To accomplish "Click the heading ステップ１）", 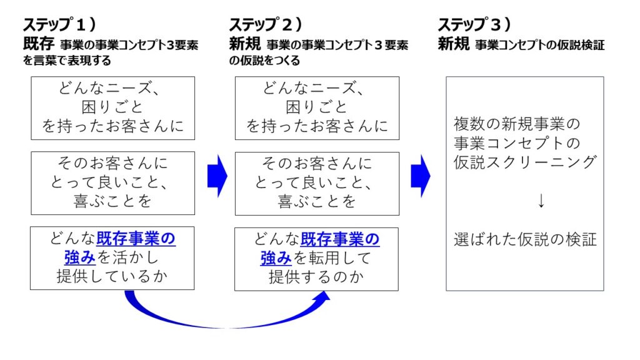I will click(x=59, y=25).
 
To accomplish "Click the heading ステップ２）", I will click(x=266, y=25).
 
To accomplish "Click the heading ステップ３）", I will click(x=474, y=25).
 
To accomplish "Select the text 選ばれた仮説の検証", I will click(x=525, y=239).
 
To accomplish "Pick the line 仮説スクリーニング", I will click(x=525, y=161).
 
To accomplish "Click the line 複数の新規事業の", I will click(x=517, y=122).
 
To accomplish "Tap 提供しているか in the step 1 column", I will click(x=112, y=277).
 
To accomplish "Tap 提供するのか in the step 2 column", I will click(x=316, y=277).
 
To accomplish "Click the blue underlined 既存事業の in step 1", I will click(x=136, y=239).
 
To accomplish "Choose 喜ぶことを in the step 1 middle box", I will click(x=112, y=201).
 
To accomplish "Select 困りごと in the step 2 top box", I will click(x=316, y=107).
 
